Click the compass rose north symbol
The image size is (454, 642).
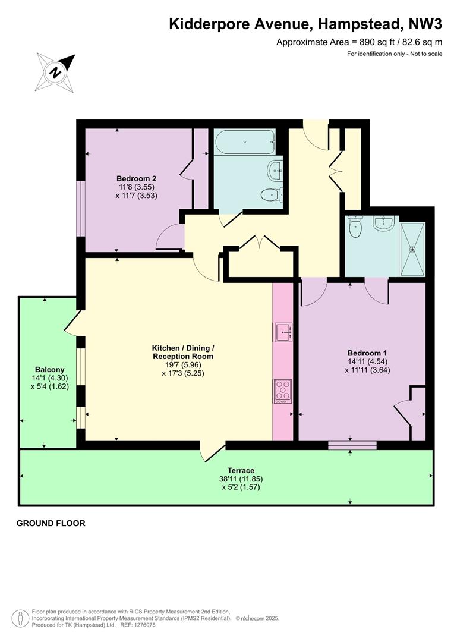pos(56,73)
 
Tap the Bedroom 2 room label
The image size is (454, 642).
pos(136,178)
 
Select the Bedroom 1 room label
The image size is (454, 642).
pos(367,353)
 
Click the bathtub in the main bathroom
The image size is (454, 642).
pos(244,141)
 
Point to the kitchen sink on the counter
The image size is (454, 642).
pos(283,332)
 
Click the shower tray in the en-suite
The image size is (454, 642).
pos(412,249)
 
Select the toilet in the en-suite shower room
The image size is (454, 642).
pos(355,226)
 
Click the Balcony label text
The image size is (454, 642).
pos(49,369)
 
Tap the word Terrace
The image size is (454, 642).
pos(241,470)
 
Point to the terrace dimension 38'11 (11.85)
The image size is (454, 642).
pos(241,479)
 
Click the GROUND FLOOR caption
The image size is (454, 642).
pos(51,523)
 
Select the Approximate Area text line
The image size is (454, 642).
pos(359,42)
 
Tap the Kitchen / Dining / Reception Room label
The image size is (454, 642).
pos(183,352)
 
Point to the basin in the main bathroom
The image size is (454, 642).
pos(275,169)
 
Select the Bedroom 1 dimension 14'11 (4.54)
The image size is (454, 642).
pos(367,361)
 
